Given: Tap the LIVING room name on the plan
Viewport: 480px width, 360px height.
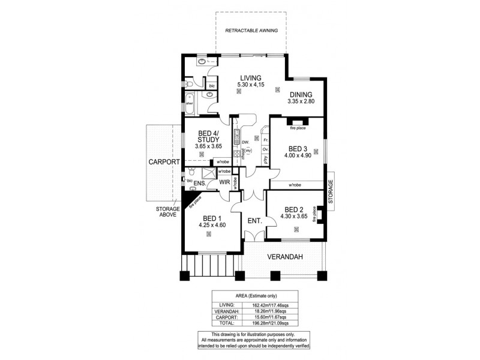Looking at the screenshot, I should tap(250, 78).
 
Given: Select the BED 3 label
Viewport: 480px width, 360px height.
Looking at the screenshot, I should tap(298, 149).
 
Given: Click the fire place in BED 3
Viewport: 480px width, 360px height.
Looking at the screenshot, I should tap(298, 128).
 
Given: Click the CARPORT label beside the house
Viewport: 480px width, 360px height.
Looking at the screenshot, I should tap(164, 162).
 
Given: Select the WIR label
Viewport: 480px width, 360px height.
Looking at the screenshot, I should tap(225, 181).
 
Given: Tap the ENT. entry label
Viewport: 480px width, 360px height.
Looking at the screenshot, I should tap(254, 221).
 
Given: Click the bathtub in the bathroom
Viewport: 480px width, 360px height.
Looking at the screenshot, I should tap(188, 103).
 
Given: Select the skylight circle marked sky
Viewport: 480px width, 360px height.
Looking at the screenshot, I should tap(248, 151).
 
